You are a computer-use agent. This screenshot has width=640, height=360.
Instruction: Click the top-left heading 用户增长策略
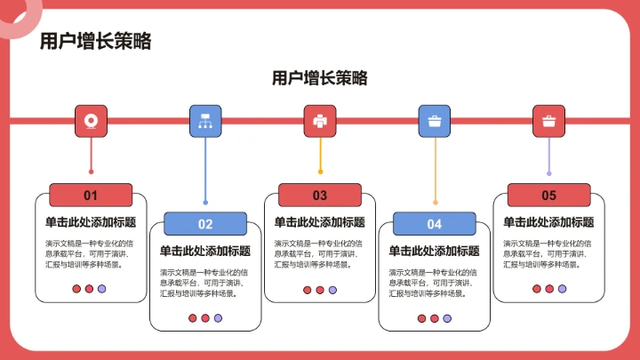96,41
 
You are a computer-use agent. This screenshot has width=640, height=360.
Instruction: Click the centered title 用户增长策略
320,78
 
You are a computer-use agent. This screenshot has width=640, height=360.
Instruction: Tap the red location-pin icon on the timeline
91,121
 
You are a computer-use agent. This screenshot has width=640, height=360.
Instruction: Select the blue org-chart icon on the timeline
205,121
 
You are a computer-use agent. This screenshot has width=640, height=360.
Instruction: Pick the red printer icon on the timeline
320,121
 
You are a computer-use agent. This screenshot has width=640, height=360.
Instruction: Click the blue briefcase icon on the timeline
435,121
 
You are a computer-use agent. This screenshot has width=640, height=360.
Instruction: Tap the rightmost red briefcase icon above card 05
548,121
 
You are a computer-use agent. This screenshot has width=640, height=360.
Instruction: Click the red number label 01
91,196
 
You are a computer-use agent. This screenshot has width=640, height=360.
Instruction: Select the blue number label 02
205,224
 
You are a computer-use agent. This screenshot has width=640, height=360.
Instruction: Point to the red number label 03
320,196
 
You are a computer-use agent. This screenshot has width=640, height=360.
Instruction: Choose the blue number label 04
435,224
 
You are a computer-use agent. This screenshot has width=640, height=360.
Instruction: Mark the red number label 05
548,196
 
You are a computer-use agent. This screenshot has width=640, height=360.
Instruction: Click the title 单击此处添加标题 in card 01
91,222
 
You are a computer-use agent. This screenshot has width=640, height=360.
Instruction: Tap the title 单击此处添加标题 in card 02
205,251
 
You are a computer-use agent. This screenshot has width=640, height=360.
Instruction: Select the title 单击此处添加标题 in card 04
435,251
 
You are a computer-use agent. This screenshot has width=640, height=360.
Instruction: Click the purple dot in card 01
101,289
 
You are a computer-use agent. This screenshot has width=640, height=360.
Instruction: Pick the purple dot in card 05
562,289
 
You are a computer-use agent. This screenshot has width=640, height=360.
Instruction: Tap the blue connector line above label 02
205,169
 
